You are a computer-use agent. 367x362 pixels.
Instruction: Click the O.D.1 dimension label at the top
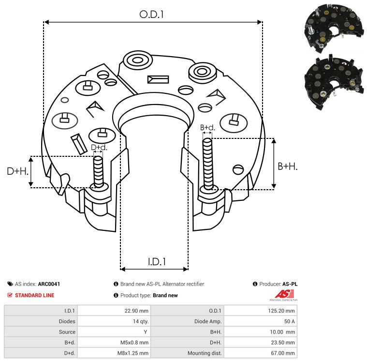[151, 15]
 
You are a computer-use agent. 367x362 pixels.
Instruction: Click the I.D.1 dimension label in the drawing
[157, 262]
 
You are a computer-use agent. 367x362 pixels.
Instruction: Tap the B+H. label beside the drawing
[287, 166]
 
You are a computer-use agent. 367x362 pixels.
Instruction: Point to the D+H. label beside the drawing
[18, 171]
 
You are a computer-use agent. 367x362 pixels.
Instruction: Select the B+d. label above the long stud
[207, 127]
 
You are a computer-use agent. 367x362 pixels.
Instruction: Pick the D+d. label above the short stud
[99, 148]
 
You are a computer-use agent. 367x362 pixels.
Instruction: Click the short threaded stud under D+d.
[98, 172]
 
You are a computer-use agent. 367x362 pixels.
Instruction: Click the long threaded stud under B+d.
[208, 164]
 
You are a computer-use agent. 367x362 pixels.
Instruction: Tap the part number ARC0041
[49, 284]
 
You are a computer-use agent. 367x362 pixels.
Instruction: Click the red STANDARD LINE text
[35, 295]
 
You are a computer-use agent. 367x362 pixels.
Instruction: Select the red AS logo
[284, 295]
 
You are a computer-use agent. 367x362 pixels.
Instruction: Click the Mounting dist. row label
[205, 353]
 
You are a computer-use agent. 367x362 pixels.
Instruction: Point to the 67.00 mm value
[283, 353]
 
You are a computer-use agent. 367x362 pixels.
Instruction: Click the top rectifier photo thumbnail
[333, 29]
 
